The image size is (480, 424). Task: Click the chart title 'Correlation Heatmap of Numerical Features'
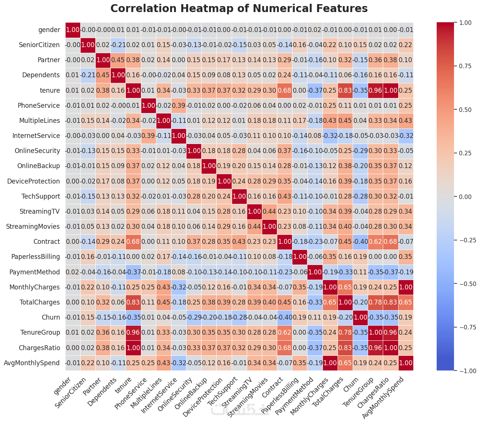click(x=239, y=8)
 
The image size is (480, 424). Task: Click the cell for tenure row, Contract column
click(x=285, y=90)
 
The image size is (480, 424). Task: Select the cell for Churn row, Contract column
click(x=285, y=317)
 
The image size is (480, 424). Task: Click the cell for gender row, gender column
click(x=73, y=30)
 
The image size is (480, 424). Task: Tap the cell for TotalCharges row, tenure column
click(x=134, y=302)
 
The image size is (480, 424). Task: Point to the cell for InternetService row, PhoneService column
click(x=149, y=136)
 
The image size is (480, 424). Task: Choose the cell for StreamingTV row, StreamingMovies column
click(x=270, y=211)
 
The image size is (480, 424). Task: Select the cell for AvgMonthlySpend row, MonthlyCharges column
click(x=330, y=363)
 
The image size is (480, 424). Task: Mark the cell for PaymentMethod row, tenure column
click(x=134, y=272)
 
